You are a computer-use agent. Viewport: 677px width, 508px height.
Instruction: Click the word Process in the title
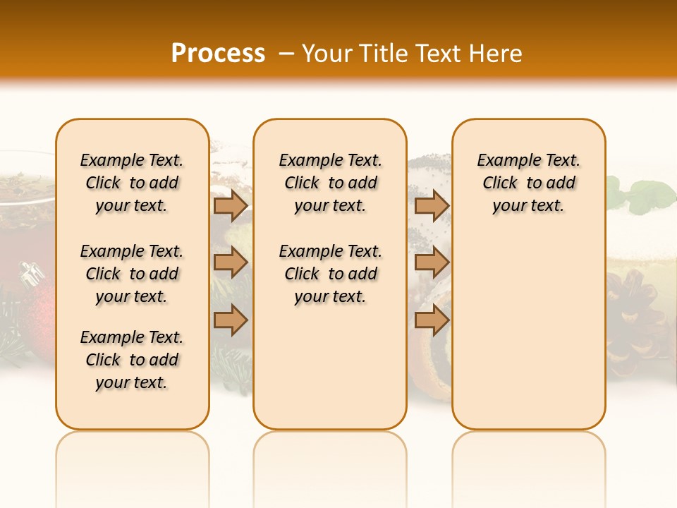tap(218, 54)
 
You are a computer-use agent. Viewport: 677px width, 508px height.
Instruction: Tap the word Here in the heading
tap(496, 54)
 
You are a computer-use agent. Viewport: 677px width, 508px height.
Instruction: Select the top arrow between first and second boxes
tap(231, 206)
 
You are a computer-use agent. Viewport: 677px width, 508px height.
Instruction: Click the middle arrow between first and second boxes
tap(231, 262)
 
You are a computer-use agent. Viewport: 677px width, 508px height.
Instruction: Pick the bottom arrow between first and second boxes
tap(231, 320)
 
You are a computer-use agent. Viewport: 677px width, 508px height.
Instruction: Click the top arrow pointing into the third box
tap(432, 206)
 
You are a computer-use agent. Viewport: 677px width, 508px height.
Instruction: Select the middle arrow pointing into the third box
tap(432, 262)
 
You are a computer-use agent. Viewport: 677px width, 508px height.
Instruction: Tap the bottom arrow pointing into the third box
tap(432, 320)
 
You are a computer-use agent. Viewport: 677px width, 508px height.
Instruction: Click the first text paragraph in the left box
tap(132, 183)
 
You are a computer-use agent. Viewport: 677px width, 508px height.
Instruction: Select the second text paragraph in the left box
tap(132, 274)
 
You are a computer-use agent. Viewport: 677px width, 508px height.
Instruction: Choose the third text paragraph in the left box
tap(132, 360)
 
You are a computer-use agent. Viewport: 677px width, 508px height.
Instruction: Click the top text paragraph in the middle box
tap(330, 183)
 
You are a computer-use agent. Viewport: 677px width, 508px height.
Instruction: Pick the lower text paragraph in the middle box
tap(330, 274)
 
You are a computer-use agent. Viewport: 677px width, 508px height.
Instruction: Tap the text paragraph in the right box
tap(528, 183)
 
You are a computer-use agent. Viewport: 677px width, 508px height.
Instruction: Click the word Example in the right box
tap(502, 161)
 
